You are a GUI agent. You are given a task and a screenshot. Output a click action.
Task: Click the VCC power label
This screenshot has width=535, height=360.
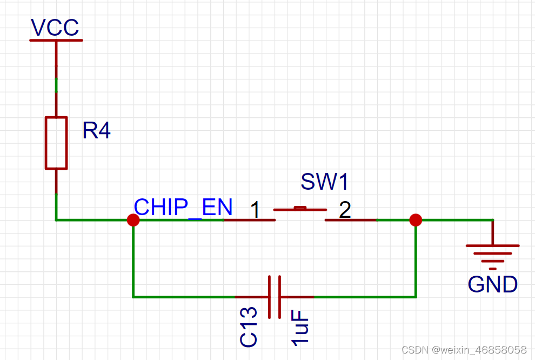55,27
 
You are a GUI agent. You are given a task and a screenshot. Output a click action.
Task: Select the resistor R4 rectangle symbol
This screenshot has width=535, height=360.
56,143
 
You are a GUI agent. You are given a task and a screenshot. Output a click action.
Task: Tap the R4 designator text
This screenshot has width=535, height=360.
96,130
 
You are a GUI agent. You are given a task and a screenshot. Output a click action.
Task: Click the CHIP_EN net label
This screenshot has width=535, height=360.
183,207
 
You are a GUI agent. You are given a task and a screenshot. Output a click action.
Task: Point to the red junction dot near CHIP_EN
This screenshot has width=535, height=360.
133,220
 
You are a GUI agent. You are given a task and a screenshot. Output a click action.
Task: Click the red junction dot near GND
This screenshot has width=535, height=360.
415,220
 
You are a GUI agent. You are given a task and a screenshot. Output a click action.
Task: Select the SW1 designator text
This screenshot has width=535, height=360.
325,182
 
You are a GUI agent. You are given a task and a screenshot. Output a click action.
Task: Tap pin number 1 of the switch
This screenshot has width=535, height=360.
255,210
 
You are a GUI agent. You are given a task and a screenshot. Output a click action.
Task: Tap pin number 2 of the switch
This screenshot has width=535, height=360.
345,210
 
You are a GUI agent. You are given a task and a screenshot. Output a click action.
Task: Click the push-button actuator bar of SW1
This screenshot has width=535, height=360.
300,209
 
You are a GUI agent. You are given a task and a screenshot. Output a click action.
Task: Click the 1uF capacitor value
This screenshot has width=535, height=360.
300,327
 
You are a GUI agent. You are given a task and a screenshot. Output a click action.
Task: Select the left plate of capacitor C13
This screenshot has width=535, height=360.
269,297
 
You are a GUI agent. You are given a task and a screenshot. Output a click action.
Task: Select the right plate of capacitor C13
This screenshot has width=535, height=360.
279,297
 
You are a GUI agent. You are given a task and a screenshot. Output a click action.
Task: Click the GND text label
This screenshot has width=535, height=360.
492,284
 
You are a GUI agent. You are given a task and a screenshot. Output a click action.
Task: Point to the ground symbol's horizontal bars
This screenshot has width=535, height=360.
492,253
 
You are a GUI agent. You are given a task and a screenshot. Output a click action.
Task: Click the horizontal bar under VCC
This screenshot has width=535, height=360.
56,39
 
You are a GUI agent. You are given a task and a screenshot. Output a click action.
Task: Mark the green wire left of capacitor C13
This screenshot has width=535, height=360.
184,297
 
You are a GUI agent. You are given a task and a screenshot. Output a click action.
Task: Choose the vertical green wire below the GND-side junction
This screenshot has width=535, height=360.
416,259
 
